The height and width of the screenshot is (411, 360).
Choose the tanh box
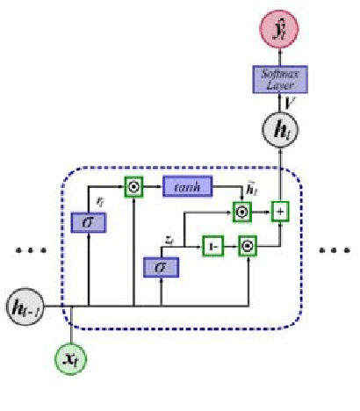click(187, 186)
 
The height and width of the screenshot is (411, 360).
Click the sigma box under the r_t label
click(90, 223)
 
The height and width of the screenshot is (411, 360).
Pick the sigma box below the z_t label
click(162, 266)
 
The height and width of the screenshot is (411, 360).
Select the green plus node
click(281, 212)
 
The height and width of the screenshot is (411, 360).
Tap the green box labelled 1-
click(213, 246)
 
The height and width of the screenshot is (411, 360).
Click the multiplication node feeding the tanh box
click(133, 186)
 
